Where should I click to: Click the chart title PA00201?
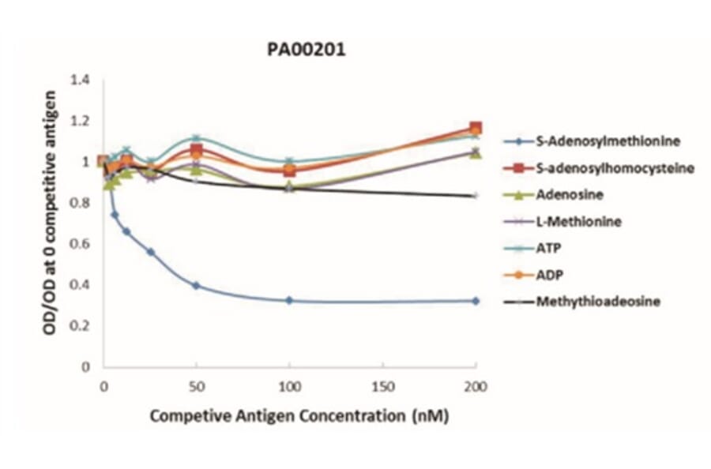pyautogui.click(x=305, y=51)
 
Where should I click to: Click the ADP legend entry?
pyautogui.click(x=547, y=275)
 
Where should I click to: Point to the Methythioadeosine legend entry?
pyautogui.click(x=592, y=302)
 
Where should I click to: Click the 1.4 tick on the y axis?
pyautogui.click(x=81, y=80)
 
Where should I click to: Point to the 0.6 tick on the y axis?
pyautogui.click(x=81, y=244)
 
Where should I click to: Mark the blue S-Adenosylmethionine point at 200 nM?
pyautogui.click(x=476, y=301)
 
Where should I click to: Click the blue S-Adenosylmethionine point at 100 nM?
pyautogui.click(x=289, y=300)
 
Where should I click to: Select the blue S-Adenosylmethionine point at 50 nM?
pyautogui.click(x=197, y=286)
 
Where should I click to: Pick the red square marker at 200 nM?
pyautogui.click(x=476, y=128)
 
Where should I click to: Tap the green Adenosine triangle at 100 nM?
pyautogui.click(x=289, y=186)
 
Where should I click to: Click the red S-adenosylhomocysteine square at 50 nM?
pyautogui.click(x=197, y=150)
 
